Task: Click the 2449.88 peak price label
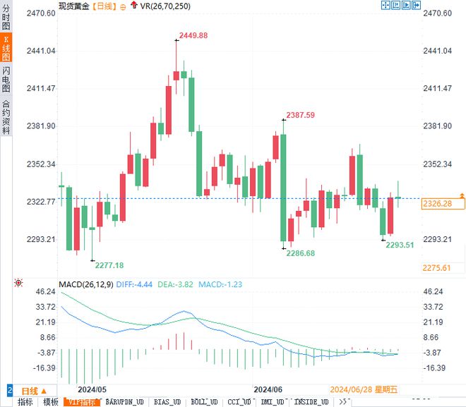tap(193, 36)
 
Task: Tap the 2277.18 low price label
tap(109, 265)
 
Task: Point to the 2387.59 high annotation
tap(300, 115)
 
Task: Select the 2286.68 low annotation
tap(300, 253)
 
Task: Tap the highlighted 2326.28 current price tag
tap(436, 203)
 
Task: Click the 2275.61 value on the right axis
tap(436, 268)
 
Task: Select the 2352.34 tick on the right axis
tap(436, 164)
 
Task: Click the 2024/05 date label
tap(92, 389)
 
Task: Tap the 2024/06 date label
tap(268, 389)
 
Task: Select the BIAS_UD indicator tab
tap(167, 402)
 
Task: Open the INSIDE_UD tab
tap(311, 402)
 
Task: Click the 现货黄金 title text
tap(74, 6)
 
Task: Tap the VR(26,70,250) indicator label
tap(165, 6)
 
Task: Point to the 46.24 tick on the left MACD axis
tap(45, 291)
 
